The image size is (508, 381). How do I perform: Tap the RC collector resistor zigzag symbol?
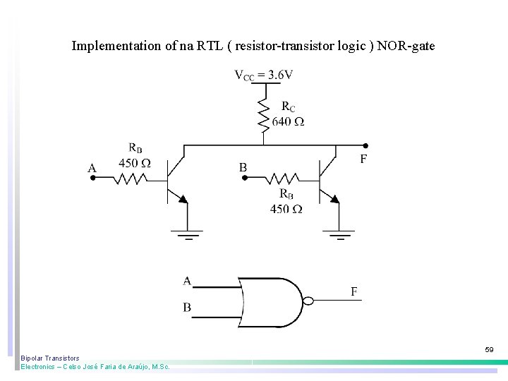pos(263,115)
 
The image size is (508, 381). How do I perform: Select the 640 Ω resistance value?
pos(288,121)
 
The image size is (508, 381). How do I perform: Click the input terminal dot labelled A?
pos(93,179)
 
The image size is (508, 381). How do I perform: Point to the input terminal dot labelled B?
pos(244,178)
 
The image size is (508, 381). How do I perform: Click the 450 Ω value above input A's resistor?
pos(134,163)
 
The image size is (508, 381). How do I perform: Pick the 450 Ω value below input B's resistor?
pos(286,209)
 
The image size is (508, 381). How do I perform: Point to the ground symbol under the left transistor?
pos(188,234)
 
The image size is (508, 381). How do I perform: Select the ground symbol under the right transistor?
pos(339,234)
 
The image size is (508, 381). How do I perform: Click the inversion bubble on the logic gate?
pos(307,301)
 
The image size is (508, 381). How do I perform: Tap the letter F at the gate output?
pos(353,291)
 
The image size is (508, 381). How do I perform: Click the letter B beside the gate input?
pos(187,308)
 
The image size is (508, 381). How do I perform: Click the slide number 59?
pos(489,349)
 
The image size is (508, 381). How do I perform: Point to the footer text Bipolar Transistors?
pos(50,358)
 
